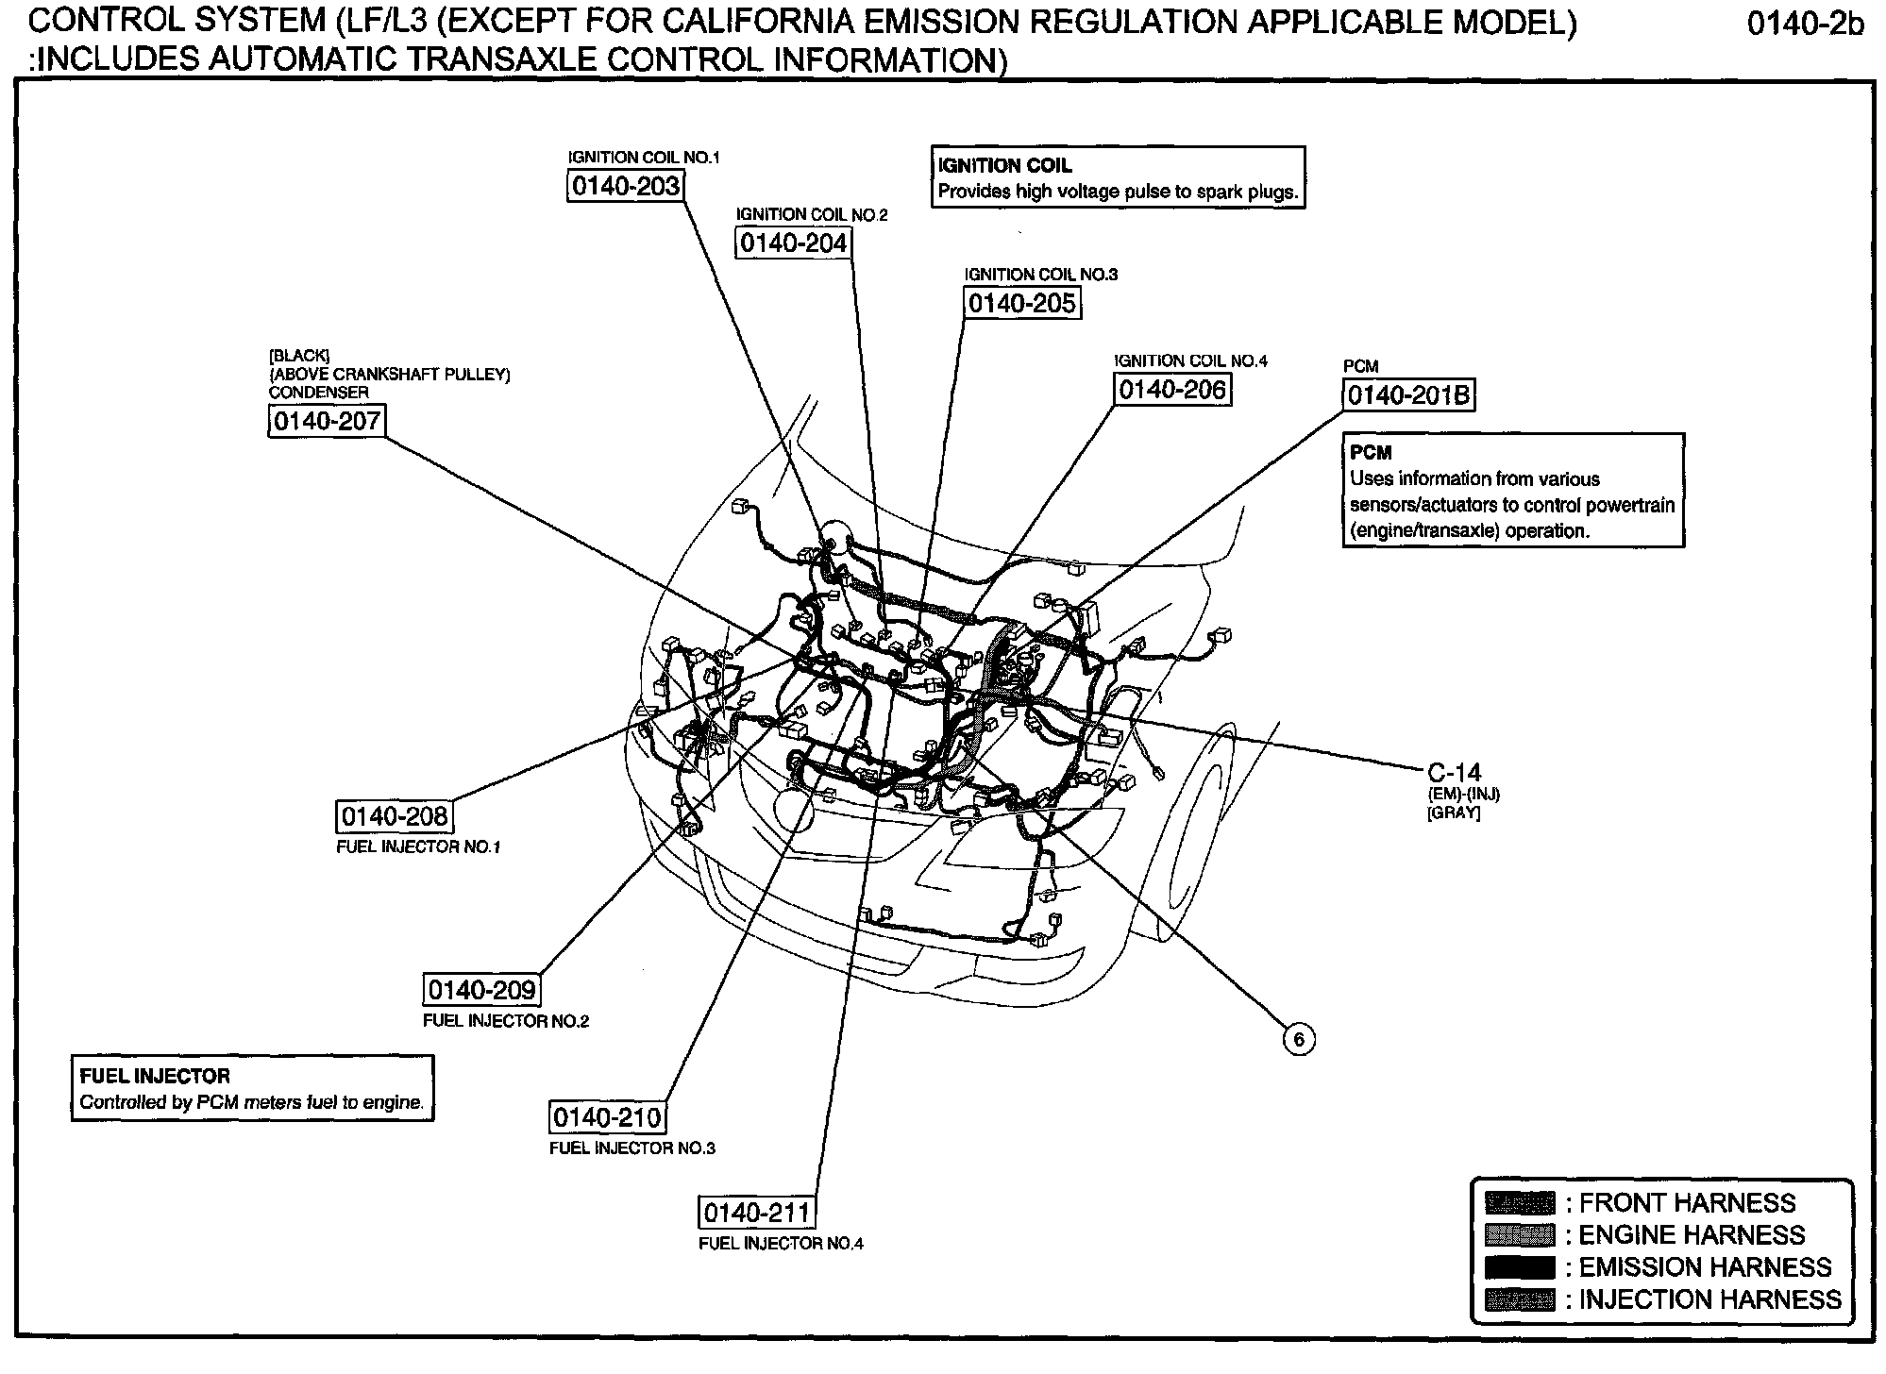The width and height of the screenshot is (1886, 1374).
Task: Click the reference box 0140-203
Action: pos(625,186)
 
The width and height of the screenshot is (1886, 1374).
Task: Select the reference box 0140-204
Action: pos(793,243)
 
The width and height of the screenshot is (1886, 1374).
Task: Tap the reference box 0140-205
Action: pos(1021,303)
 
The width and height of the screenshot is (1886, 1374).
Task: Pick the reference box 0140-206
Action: pos(1172,389)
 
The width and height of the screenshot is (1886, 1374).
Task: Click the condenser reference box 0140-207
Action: pos(327,421)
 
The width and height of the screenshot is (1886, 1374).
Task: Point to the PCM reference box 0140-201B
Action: pos(1408,394)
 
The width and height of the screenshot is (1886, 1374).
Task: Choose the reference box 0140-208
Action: pos(395,816)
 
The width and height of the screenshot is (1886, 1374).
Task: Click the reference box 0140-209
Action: pos(481,990)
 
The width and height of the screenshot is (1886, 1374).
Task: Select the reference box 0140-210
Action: pos(608,1117)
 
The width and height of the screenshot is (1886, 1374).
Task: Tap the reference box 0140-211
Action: pos(757,1213)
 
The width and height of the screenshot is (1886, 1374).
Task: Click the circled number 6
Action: pos(1299,1039)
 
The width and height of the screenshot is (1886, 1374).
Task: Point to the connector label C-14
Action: pos(1455,772)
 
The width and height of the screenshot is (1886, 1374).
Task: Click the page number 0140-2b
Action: pos(1806,24)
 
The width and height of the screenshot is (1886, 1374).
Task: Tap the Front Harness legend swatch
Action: pos(1520,1203)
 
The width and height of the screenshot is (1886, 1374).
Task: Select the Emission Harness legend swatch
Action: pos(1520,1267)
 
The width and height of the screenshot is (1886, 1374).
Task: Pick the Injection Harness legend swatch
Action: pos(1520,1299)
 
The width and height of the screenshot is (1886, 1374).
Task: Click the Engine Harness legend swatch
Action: pos(1520,1235)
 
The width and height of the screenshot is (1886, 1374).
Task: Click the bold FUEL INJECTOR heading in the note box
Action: pos(155,1076)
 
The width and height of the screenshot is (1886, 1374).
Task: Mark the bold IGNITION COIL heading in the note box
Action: pos(1004,166)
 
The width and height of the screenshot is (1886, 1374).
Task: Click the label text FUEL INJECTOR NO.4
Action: pos(781,1244)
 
